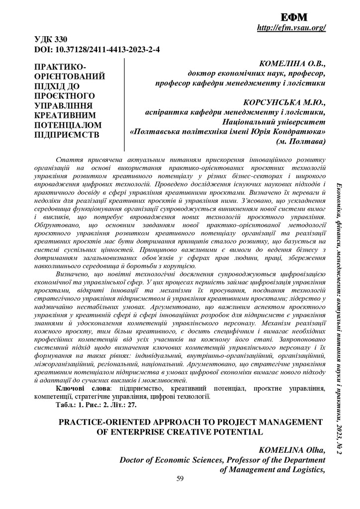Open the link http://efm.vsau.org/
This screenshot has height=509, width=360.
pyautogui.click(x=291, y=28)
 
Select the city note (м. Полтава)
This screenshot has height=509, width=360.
pyautogui.click(x=301, y=142)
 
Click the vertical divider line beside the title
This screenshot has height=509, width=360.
pyautogui.click(x=124, y=104)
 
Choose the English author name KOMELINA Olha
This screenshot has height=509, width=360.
pyautogui.click(x=292, y=450)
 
